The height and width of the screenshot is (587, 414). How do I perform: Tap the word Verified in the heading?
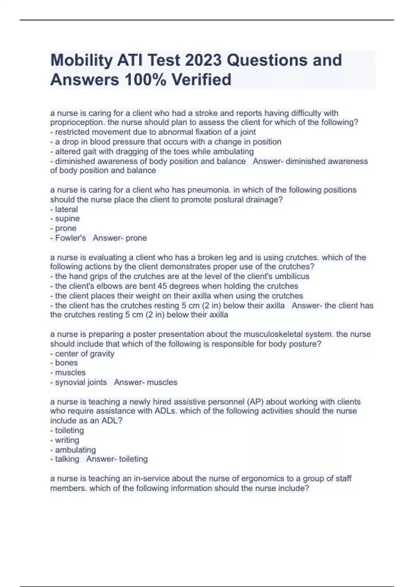pyautogui.click(x=201, y=80)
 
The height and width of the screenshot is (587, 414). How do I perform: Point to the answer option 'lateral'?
pyautogui.click(x=66, y=209)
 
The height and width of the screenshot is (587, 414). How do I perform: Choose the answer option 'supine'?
pyautogui.click(x=67, y=219)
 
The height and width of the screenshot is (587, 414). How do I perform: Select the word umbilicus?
pyautogui.click(x=292, y=276)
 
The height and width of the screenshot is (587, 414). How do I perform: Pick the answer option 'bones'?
pyautogui.click(x=66, y=363)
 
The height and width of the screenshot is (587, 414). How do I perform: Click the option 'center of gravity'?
pyautogui.click(x=85, y=354)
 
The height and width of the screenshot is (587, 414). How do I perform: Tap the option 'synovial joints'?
pyautogui.click(x=81, y=382)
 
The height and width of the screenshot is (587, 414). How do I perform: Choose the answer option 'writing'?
pyautogui.click(x=67, y=440)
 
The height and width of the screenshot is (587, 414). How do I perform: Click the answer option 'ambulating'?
pyautogui.click(x=75, y=450)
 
